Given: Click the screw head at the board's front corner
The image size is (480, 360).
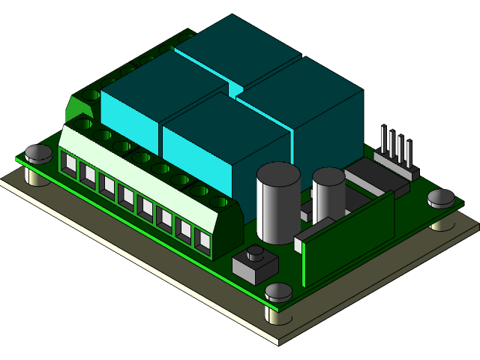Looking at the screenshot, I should pyautogui.click(x=279, y=292).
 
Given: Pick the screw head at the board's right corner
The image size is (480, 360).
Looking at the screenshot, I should pyautogui.click(x=441, y=198).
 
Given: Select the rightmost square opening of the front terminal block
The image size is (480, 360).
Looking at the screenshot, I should pyautogui.click(x=203, y=241).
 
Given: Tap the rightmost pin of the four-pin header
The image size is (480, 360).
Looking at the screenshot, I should pyautogui.click(x=410, y=152).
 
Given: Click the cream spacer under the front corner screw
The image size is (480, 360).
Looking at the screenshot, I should pyautogui.click(x=279, y=313).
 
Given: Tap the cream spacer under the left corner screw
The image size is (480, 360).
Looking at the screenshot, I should pyautogui.click(x=35, y=177).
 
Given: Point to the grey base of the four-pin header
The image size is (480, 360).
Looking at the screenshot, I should pyautogui.click(x=394, y=166).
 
